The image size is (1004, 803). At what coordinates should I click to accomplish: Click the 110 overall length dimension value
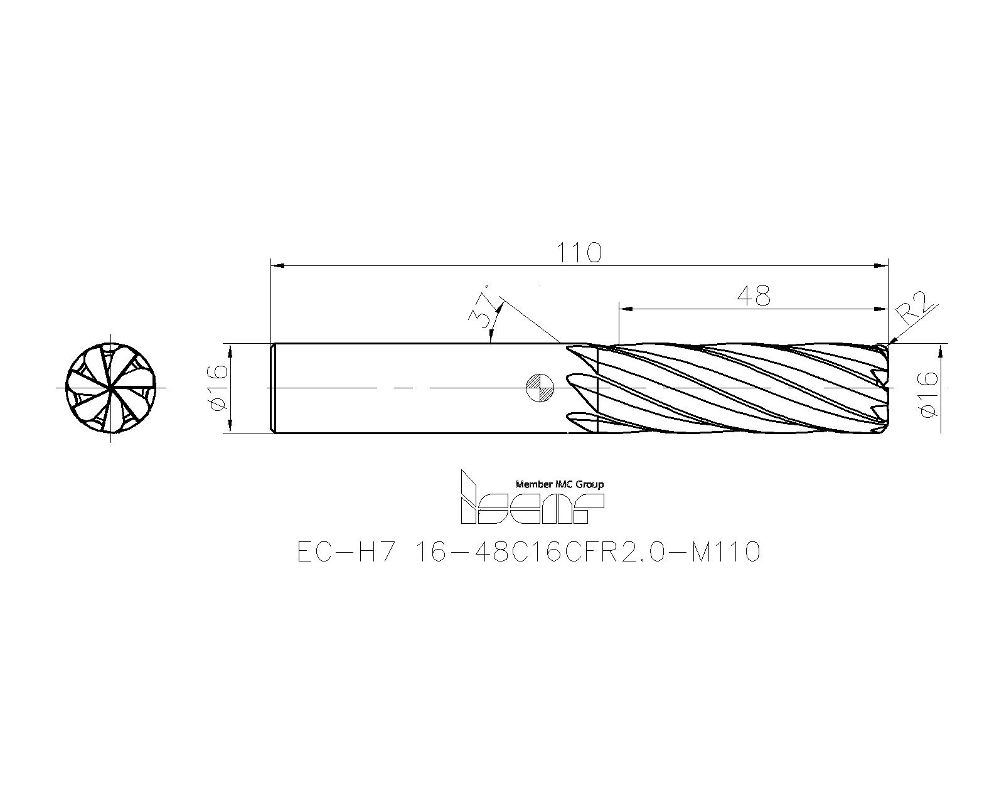[579, 253]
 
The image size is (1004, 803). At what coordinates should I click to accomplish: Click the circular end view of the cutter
[111, 388]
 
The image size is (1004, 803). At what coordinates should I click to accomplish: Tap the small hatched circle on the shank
[540, 387]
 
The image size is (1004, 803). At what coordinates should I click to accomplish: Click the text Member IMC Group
[559, 484]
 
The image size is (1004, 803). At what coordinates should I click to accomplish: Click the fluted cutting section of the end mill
[740, 388]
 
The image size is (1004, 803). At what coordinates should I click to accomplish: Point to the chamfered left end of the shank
[273, 388]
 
